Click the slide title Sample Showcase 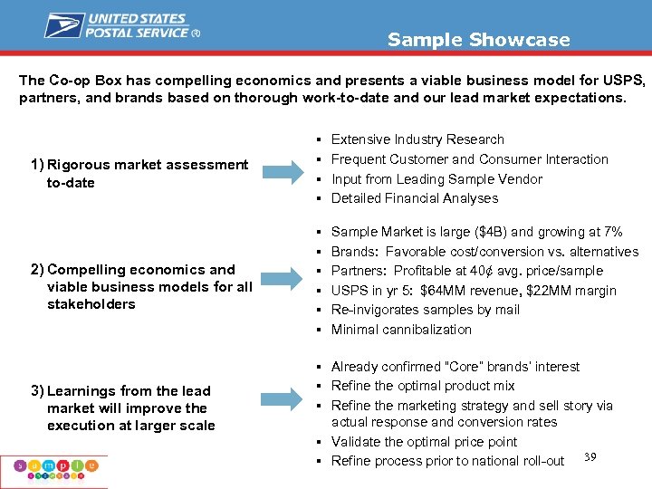[478, 40]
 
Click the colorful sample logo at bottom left [53, 468]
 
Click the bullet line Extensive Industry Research [417, 139]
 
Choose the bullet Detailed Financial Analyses [415, 198]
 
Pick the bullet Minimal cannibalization [401, 330]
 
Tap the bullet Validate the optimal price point [424, 442]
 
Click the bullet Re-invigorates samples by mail [425, 310]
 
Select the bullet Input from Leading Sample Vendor [436, 179]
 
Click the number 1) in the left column [37, 165]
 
